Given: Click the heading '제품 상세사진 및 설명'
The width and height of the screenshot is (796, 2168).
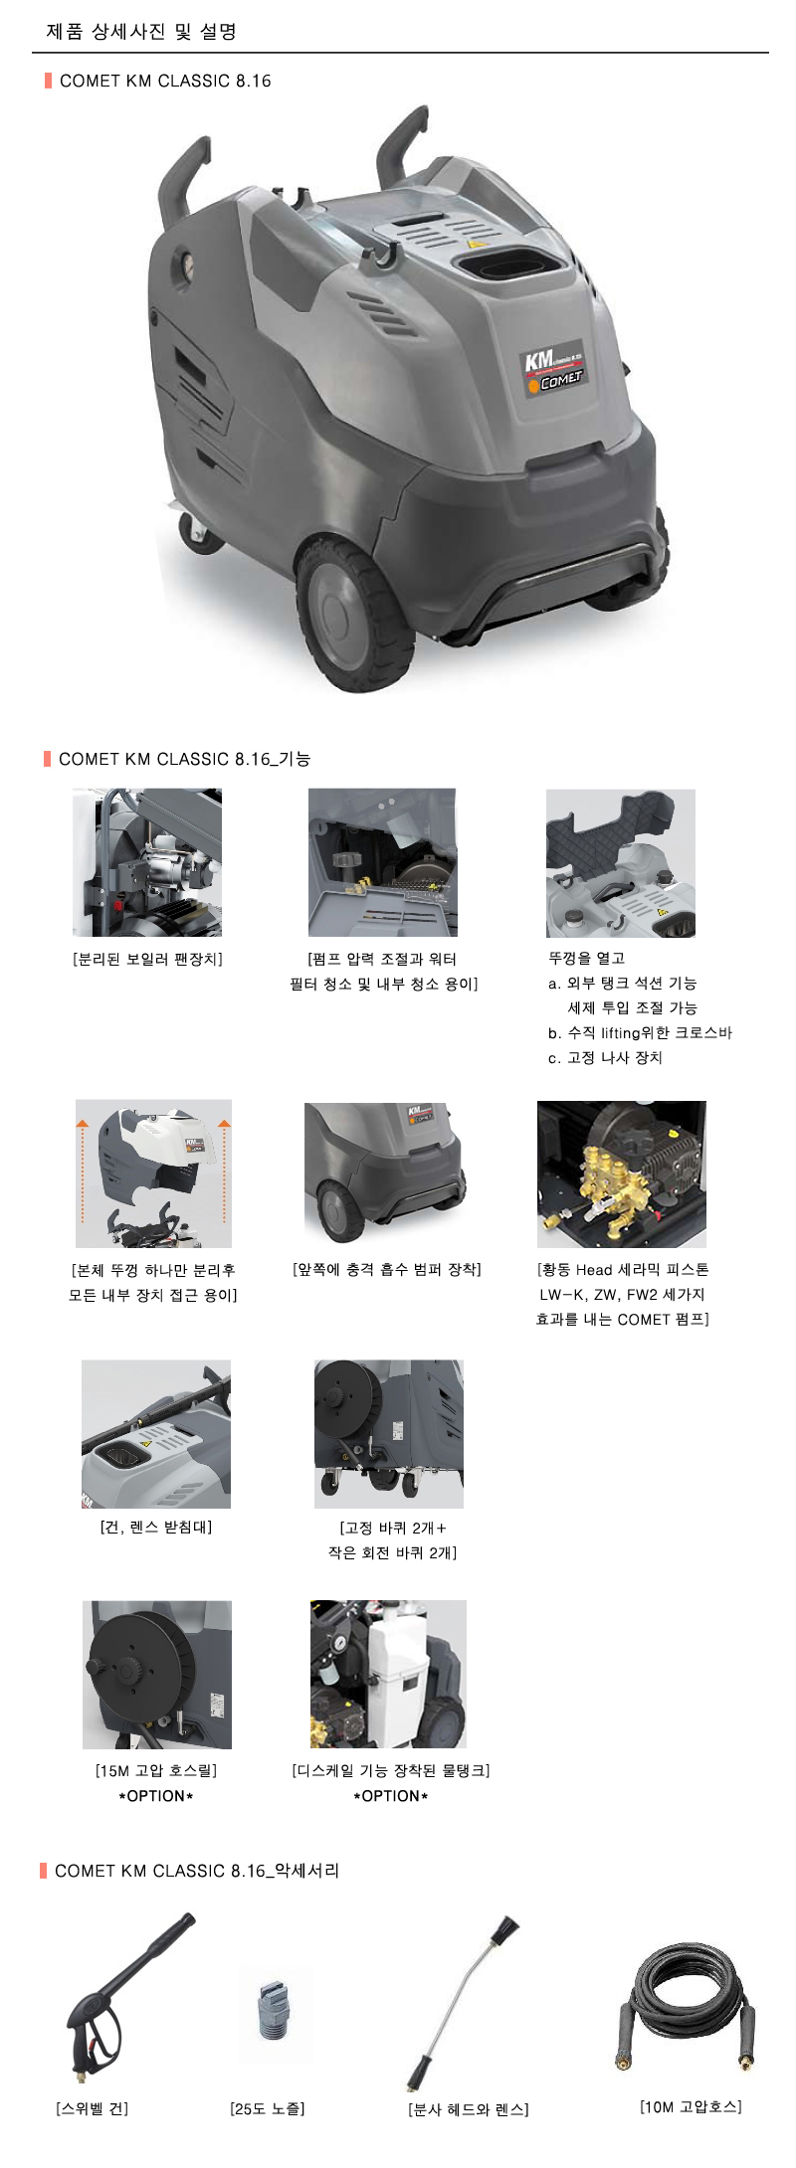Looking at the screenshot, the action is pos(141,32).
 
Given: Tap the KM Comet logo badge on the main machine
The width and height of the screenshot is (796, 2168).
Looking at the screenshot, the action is pos(555,368).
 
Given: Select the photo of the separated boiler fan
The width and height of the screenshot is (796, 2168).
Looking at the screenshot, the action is pos(147,862).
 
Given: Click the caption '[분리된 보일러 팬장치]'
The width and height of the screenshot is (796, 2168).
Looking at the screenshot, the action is pos(147,959).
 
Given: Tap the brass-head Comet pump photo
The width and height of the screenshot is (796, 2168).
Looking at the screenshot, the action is pos(622,1174).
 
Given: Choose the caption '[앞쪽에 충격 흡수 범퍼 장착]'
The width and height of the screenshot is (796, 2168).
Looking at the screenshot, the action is pos(387,1270).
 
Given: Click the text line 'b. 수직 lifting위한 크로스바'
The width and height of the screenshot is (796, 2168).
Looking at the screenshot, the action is pos(640,1032).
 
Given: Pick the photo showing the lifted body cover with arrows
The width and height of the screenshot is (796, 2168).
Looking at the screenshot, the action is pos(153,1174).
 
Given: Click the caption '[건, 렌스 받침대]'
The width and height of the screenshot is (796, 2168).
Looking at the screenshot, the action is pos(156,1527).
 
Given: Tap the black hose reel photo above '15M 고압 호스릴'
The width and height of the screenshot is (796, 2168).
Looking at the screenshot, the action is pos(157,1675).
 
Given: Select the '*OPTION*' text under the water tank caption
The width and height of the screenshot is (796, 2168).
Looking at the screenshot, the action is pos(391,1796).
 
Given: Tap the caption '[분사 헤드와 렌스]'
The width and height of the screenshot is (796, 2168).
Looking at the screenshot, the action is pos(469,2109).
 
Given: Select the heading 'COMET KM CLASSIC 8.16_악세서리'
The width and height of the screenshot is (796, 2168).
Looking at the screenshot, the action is pos(197,1871).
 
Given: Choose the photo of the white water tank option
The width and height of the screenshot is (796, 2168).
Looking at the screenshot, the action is pos(388,1674).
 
